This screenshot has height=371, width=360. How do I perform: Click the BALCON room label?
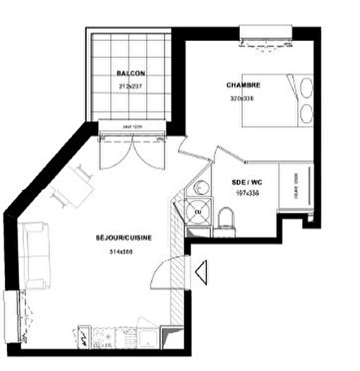point(131,73)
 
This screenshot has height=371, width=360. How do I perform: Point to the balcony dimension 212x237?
point(131,87)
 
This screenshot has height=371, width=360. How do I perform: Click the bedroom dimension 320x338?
point(241,98)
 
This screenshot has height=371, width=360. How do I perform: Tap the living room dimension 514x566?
point(121,252)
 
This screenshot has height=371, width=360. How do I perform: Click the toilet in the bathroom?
point(227,218)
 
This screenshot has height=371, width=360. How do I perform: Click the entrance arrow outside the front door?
point(200,272)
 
